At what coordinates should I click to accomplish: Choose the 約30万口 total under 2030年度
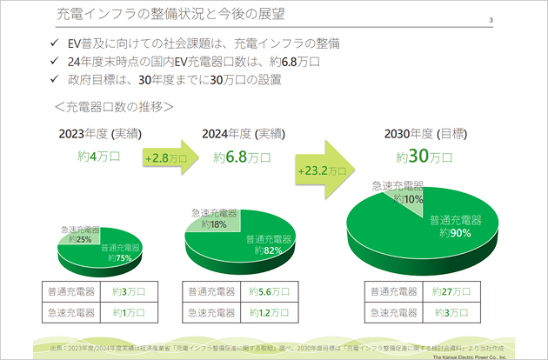tap(424, 157)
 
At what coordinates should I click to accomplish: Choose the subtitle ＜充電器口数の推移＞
tap(113, 107)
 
